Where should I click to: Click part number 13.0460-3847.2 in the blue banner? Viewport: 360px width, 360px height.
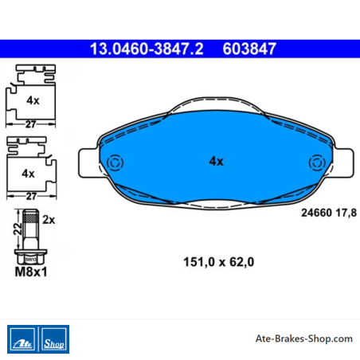point(147,49)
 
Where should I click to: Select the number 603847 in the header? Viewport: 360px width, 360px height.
point(249,49)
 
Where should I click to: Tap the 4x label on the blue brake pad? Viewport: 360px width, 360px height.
point(217,161)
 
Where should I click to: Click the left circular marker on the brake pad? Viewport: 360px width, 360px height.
point(115,162)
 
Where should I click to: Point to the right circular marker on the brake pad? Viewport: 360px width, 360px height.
point(317,162)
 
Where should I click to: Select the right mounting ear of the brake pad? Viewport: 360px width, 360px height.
point(344,163)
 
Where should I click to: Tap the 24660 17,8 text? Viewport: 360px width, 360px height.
point(329,213)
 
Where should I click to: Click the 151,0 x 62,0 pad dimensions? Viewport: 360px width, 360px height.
point(219,262)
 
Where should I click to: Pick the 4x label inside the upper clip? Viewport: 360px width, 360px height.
point(33,100)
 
